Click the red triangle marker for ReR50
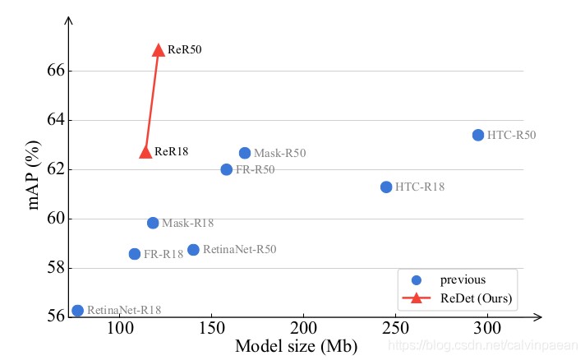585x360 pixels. click(159, 50)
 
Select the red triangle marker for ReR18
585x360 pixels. click(145, 151)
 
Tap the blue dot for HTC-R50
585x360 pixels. click(478, 135)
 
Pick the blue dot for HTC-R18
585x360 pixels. click(386, 187)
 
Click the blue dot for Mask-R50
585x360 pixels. click(245, 153)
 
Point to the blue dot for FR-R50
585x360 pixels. click(227, 169)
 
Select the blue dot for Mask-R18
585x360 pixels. click(153, 223)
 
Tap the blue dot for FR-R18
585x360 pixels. click(135, 254)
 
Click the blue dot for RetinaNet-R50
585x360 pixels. click(193, 250)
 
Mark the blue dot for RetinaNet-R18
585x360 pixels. click(77, 310)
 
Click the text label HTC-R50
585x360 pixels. click(511, 135)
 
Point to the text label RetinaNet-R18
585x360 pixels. click(124, 310)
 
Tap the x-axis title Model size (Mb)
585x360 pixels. click(296, 347)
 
